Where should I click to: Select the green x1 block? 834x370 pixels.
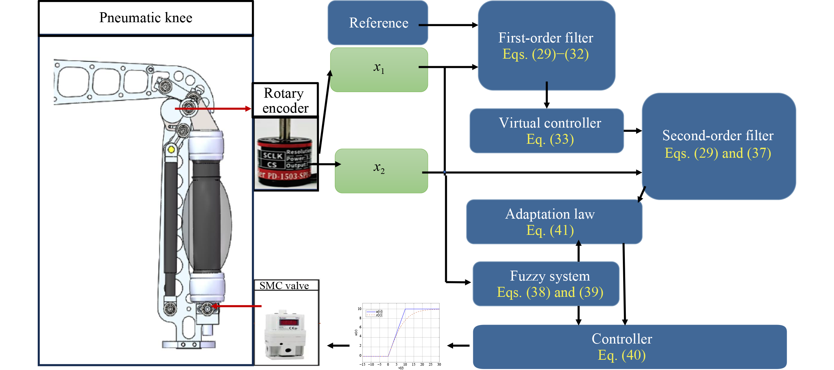click(379, 70)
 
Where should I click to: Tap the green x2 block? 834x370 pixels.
click(381, 171)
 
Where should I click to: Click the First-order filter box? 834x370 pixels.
click(546, 46)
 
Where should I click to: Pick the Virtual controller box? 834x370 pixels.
click(547, 131)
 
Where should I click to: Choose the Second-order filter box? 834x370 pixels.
click(719, 146)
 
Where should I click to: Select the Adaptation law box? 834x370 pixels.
click(554, 222)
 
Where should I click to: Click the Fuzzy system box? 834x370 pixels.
click(546, 284)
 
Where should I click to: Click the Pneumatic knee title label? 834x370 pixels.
click(146, 18)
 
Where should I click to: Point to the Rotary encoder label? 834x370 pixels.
click(285, 100)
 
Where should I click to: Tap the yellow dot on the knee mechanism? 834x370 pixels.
click(171, 150)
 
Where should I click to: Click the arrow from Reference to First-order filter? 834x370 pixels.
click(448, 25)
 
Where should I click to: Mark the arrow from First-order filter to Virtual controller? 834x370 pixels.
click(547, 95)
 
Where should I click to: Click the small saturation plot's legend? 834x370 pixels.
click(374, 313)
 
